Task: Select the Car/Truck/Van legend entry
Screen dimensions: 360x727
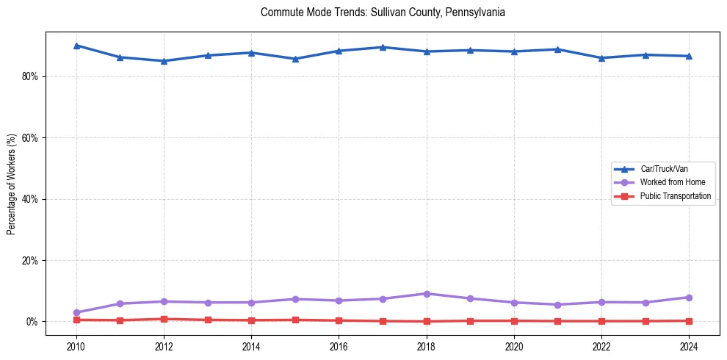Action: click(664, 169)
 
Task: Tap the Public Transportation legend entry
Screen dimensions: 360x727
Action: click(676, 196)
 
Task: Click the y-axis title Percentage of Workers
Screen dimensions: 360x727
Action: click(12, 184)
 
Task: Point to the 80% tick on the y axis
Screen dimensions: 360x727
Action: click(30, 76)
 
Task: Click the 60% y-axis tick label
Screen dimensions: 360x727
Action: click(30, 138)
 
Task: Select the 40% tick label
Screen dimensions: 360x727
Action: click(30, 199)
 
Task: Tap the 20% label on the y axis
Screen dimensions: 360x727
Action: click(30, 261)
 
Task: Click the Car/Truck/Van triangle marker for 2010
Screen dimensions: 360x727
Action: click(76, 46)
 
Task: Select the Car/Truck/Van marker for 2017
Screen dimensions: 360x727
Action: click(383, 47)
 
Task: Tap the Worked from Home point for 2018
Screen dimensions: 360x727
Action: click(427, 294)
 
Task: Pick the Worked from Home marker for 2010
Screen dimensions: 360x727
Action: click(76, 313)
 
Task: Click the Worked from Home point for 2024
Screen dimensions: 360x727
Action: click(690, 298)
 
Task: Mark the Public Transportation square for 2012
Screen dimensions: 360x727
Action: click(164, 319)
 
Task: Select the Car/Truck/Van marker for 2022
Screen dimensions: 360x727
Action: click(602, 58)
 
